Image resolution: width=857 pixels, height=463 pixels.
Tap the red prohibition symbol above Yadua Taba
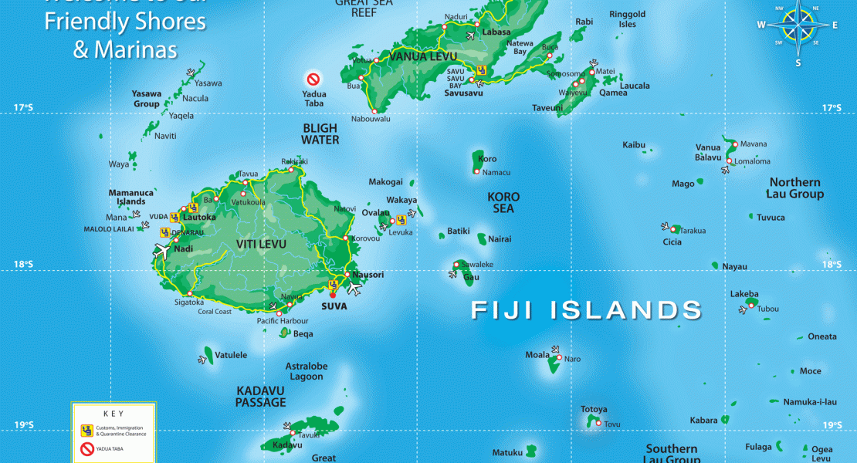[313, 79]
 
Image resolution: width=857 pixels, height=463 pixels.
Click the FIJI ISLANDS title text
[587, 310]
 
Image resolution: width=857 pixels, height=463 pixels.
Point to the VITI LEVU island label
[261, 245]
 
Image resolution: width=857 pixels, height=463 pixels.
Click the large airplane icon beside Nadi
[163, 252]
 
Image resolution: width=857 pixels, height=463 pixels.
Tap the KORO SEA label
[502, 202]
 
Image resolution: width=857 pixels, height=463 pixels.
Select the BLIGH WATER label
[320, 134]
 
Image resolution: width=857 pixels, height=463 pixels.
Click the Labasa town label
[496, 32]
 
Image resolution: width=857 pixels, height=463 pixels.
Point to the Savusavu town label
[463, 93]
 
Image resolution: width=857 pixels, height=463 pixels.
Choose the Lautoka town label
[200, 218]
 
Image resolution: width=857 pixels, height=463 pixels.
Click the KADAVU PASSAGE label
[261, 397]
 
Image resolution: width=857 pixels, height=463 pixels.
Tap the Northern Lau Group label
[794, 188]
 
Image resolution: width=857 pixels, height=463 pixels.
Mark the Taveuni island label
[548, 108]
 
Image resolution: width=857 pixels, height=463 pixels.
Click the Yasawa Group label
[146, 99]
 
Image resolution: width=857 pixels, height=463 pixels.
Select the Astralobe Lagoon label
[306, 371]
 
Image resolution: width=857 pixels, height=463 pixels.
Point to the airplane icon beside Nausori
[354, 288]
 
